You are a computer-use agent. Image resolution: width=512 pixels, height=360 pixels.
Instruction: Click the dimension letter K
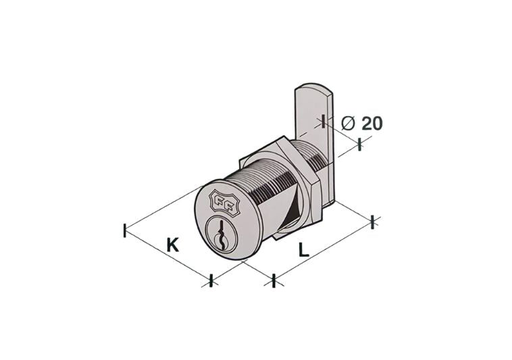coord(173,245)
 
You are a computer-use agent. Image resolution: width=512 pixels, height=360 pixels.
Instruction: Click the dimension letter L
coord(304,250)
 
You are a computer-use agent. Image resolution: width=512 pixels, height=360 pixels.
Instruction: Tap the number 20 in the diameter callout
coord(372,124)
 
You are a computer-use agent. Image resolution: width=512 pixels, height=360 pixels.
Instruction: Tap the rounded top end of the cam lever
coord(313,88)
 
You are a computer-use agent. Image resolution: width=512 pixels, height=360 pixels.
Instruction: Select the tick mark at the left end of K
coord(125,230)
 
